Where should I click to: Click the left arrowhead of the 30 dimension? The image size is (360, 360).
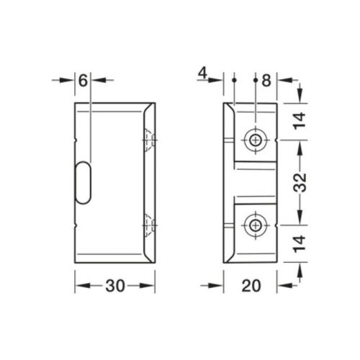click(x=78, y=285)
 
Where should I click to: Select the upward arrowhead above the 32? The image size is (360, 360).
click(x=301, y=143)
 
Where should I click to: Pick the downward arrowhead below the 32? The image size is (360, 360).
click(x=301, y=218)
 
